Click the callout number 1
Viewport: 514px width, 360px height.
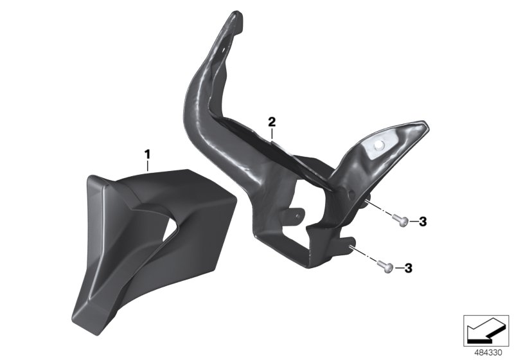point(147,154)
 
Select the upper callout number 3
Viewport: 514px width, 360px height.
point(422,222)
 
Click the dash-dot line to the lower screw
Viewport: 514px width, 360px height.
point(366,254)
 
